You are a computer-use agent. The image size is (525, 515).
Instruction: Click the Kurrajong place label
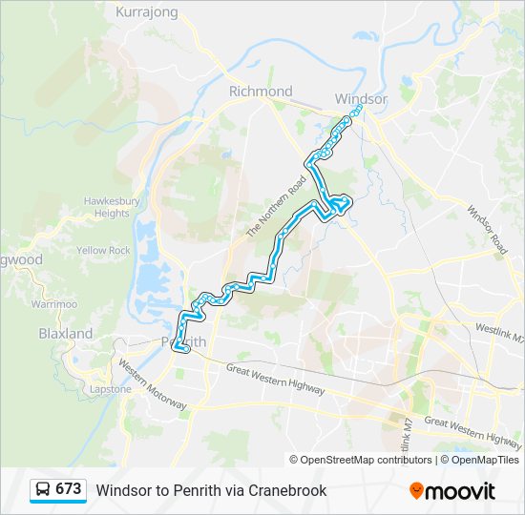[x=147, y=12]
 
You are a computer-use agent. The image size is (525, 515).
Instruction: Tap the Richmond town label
[x=261, y=92]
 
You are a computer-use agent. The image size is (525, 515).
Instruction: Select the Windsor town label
[x=362, y=99]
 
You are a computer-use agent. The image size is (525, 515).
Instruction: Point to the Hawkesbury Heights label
[x=112, y=207]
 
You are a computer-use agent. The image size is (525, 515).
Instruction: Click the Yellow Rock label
[x=104, y=251]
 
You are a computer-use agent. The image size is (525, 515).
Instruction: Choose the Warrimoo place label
[x=53, y=303]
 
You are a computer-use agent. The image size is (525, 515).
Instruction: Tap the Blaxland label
[x=66, y=334]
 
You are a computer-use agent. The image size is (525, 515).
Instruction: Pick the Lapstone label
[x=110, y=389]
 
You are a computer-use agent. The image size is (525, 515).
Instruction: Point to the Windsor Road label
[x=486, y=227]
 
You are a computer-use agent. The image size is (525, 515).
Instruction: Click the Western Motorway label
[x=152, y=383]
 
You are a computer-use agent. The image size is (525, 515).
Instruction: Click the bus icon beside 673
[x=43, y=489]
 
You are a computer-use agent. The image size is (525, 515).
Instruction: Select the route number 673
[x=68, y=489]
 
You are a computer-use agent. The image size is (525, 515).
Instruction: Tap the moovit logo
[x=452, y=490]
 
